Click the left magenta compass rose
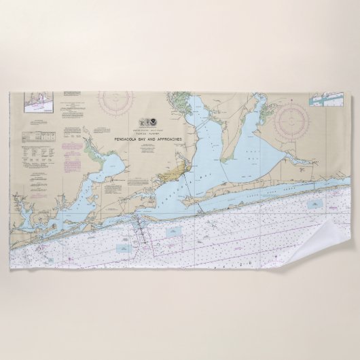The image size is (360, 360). coord(115,103)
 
